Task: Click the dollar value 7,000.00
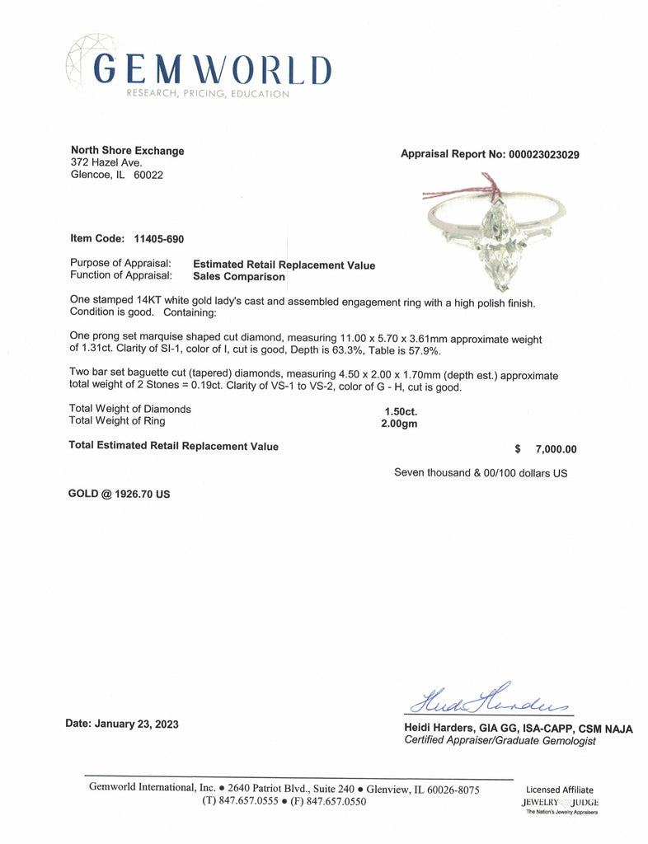556,449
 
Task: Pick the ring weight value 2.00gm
392,422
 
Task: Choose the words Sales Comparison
239,277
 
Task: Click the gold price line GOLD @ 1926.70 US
120,496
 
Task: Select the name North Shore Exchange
128,151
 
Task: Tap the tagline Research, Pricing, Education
208,94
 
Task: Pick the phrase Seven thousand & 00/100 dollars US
481,473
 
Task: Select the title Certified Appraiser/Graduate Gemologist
500,741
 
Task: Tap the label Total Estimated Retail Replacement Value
174,447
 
